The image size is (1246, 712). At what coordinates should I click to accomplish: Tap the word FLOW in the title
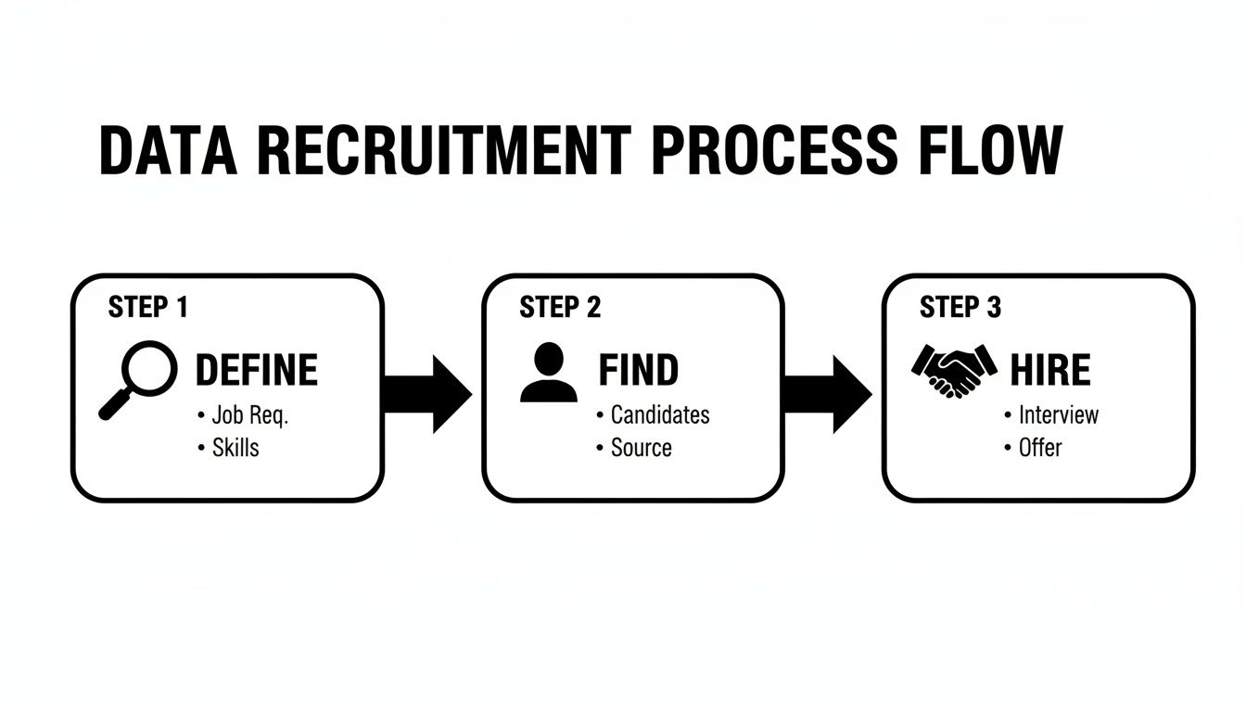[x=988, y=149]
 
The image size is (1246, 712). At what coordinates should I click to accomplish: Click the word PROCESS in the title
[x=773, y=149]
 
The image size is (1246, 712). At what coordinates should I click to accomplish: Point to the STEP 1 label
[x=148, y=308]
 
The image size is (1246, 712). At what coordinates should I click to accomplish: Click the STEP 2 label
[x=560, y=308]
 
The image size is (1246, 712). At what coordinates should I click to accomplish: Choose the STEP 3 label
[x=960, y=308]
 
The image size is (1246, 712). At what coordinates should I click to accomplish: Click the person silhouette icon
[x=548, y=372]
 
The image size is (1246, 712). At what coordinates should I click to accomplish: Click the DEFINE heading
[x=256, y=371]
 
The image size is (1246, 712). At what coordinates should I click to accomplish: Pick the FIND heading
[x=638, y=371]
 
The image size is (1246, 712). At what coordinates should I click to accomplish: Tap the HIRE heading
[x=1049, y=371]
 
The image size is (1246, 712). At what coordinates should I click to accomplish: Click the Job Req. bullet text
[x=250, y=415]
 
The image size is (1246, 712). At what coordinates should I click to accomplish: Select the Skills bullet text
[x=235, y=448]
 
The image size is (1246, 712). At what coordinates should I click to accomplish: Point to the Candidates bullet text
[x=660, y=415]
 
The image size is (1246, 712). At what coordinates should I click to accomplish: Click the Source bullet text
[x=641, y=448]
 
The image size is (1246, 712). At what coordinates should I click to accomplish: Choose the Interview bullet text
[x=1058, y=415]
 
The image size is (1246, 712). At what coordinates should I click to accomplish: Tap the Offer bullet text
[x=1040, y=448]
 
